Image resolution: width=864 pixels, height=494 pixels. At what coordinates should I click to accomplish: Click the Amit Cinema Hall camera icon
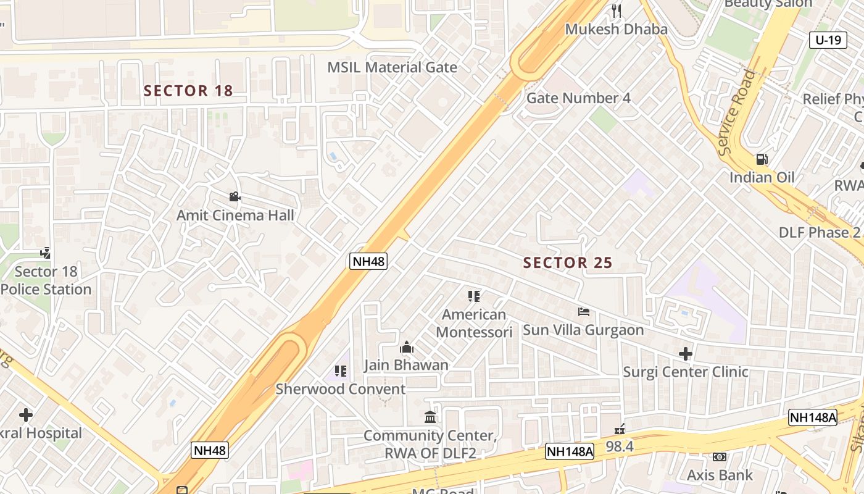pos(235,197)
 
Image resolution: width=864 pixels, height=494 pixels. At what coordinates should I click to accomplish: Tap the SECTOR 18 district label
pos(188,91)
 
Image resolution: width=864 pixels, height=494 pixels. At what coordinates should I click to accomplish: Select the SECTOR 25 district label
pos(568,262)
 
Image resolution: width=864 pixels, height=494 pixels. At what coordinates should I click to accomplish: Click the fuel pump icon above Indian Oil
pos(762,160)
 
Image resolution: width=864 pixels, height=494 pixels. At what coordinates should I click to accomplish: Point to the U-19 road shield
pos(828,40)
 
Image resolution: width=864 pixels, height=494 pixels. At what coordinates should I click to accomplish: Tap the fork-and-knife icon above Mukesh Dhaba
pos(616,10)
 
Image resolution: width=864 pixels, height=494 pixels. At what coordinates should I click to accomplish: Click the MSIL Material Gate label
pos(392,67)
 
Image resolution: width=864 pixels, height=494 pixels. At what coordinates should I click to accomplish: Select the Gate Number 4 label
pos(578,98)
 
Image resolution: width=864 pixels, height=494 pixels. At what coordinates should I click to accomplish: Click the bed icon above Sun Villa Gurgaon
pos(584,312)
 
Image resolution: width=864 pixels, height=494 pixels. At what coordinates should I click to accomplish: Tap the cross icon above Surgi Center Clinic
pos(686,354)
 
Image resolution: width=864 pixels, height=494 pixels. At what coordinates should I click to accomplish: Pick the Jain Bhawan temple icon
pos(406,347)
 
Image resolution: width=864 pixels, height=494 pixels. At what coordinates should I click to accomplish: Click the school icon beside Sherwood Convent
pos(340,371)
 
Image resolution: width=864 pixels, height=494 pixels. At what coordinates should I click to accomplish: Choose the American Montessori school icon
pos(474,296)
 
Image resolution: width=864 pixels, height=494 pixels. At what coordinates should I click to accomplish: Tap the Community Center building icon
pos(430,417)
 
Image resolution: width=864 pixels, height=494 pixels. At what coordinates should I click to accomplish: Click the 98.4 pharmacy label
pos(620,446)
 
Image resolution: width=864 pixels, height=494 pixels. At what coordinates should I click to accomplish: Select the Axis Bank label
pos(720,475)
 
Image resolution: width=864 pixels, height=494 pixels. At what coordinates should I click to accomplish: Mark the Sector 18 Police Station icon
pos(45,253)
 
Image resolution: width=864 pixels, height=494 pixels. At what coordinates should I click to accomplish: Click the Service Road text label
pos(737,112)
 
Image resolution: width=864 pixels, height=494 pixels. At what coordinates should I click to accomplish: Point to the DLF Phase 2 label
pos(820,233)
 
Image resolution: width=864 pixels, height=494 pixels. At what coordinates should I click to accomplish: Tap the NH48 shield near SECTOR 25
pos(368,261)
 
